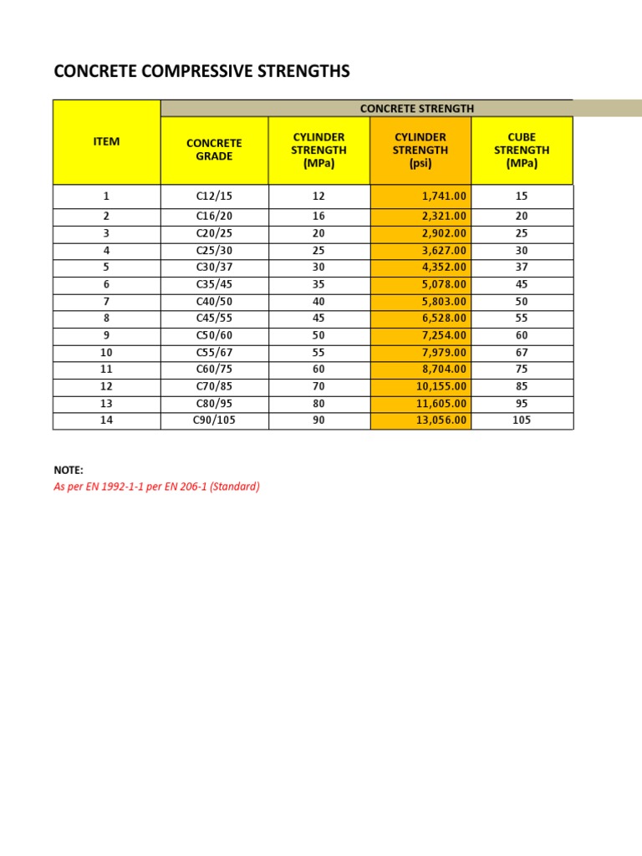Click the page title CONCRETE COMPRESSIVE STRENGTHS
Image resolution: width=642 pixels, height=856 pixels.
pyautogui.click(x=201, y=73)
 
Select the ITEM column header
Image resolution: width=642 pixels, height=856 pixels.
pyautogui.click(x=106, y=141)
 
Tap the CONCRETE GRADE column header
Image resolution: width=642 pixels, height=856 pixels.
pyautogui.click(x=214, y=150)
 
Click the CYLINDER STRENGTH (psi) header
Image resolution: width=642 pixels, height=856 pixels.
pyautogui.click(x=420, y=150)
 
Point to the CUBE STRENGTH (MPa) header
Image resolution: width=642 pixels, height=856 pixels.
pyautogui.click(x=522, y=150)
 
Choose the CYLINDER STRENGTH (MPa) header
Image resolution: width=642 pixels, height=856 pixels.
pyautogui.click(x=318, y=150)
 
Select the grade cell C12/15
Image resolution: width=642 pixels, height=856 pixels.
pyautogui.click(x=214, y=196)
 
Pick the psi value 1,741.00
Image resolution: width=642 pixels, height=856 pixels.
pyautogui.click(x=442, y=196)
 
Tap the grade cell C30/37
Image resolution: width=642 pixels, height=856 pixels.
pyautogui.click(x=214, y=267)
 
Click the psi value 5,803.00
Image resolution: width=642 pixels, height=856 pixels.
pyautogui.click(x=442, y=302)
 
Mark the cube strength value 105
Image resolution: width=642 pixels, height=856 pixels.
pyautogui.click(x=522, y=420)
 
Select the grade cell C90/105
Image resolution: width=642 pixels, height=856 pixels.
pyautogui.click(x=214, y=420)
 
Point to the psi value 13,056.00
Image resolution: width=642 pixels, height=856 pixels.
pyautogui.click(x=441, y=420)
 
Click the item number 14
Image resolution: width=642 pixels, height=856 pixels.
pyautogui.click(x=106, y=420)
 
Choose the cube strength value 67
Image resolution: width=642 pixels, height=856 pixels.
pyautogui.click(x=522, y=353)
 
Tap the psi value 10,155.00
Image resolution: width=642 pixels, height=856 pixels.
pyautogui.click(x=441, y=386)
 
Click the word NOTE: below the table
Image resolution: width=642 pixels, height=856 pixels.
pyautogui.click(x=69, y=471)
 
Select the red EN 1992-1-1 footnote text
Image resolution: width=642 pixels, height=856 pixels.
pyautogui.click(x=156, y=487)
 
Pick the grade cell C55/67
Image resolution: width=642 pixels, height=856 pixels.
pyautogui.click(x=214, y=353)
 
